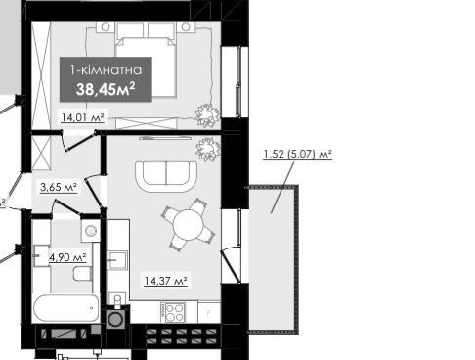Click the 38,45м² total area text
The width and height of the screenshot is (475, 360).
pos(106,89)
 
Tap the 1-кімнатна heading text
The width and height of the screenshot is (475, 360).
pos(107,70)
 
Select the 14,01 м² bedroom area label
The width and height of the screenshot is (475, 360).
pos(83,117)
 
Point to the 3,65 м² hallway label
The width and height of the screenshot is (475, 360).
pos(59,187)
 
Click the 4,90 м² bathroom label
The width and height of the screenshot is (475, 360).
pos(67,257)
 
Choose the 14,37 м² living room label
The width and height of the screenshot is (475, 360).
pos(165,281)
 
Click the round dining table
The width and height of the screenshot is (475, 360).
pos(189,225)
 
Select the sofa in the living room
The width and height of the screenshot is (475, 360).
pos(166,176)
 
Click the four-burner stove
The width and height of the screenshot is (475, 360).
pos(175,312)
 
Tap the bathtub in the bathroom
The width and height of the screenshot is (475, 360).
pos(65,308)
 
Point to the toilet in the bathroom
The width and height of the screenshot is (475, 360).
pos(82,274)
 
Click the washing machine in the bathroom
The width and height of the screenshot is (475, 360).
pos(91,231)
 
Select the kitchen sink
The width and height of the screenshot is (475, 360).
pos(117,260)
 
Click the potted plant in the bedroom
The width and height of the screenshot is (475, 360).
pos(206,114)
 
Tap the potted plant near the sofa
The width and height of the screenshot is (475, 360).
pos(208,149)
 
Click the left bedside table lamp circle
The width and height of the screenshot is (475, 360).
pos(106,27)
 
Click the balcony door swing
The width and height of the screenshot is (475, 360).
pos(231,266)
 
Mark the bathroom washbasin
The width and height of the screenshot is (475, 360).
pos(42,255)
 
